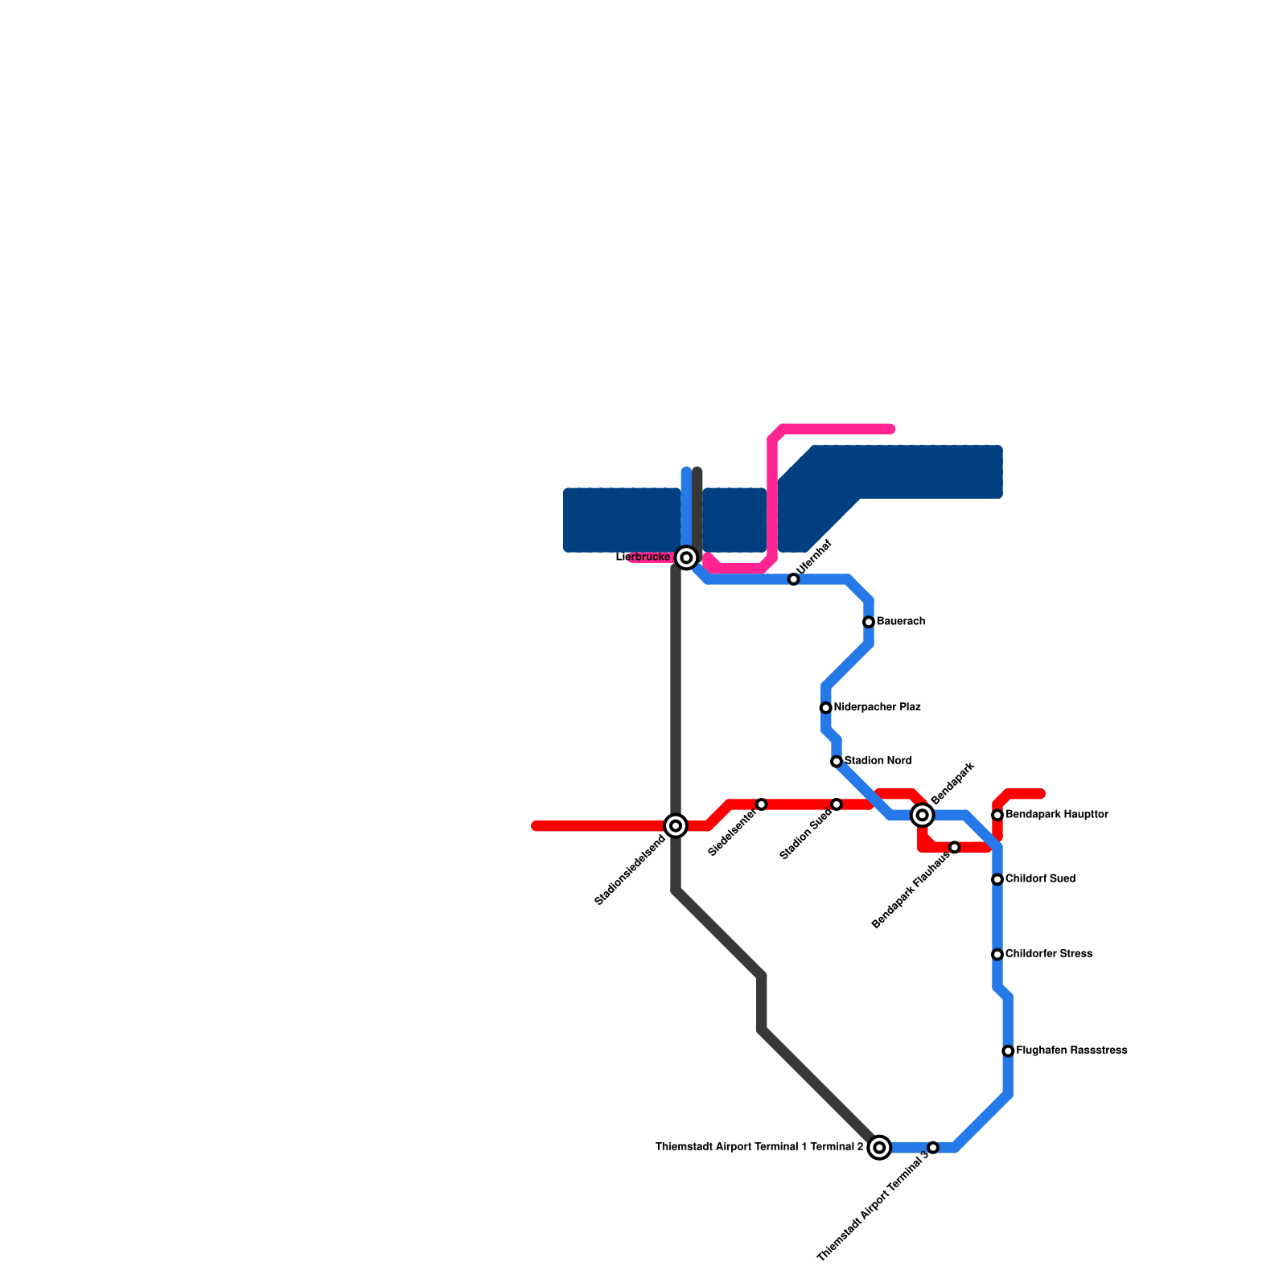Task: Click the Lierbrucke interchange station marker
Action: [x=686, y=557]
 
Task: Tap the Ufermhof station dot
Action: [x=794, y=579]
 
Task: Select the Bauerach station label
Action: [x=900, y=622]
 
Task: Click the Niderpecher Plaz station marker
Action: [x=825, y=708]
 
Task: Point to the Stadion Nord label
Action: [x=878, y=761]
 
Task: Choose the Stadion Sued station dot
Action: [x=837, y=804]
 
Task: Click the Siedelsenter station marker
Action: [x=762, y=804]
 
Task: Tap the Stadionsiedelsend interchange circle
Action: [x=676, y=826]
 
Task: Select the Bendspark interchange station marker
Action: [x=923, y=816]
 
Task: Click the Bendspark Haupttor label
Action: [x=1056, y=815]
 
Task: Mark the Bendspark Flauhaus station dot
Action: [x=955, y=847]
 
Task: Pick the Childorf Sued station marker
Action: [x=997, y=879]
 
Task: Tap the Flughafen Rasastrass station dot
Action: [x=1008, y=1051]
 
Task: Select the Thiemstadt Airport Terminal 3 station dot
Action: [x=933, y=1147]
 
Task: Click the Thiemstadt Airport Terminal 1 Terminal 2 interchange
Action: [x=879, y=1147]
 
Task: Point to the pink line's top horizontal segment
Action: [x=837, y=429]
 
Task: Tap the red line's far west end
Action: [x=537, y=826]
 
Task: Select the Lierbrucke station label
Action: [x=643, y=557]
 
